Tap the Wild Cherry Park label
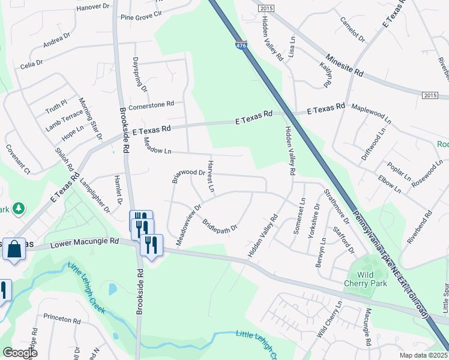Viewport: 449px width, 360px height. click(366, 278)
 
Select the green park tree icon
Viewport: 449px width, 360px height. click(19, 208)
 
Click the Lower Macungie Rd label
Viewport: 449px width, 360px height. click(85, 243)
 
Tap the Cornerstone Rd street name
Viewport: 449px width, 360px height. click(151, 103)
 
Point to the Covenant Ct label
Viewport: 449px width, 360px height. click(18, 159)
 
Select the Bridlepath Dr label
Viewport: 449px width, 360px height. click(220, 224)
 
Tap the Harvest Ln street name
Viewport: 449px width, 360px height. click(211, 176)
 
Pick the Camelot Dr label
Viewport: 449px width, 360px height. click(352, 29)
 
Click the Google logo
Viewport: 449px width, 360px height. click(20, 353)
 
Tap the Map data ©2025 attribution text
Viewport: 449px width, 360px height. click(424, 355)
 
